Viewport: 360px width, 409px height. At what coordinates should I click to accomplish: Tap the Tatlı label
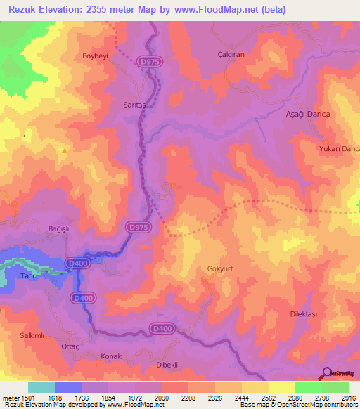[x=29, y=275]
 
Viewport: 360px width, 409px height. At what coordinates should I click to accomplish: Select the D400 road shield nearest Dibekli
[x=161, y=328]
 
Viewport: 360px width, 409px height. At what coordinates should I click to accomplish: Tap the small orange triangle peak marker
[x=65, y=150]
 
